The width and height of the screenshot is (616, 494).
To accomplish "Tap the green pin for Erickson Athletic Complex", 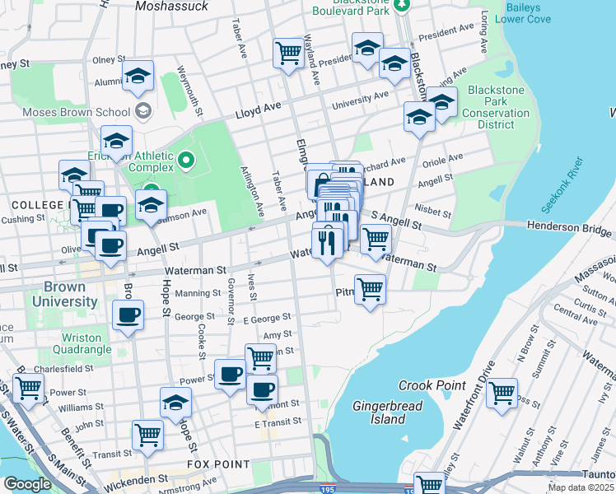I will pos(187,159).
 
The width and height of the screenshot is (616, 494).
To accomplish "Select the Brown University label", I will pos(65,295).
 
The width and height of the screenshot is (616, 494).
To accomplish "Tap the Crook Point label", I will pos(433,385).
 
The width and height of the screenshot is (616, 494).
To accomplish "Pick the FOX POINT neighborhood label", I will pos(218,464).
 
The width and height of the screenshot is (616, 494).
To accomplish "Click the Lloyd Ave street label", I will pos(259,109).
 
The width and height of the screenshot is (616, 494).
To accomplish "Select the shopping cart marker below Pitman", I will pos(371,290).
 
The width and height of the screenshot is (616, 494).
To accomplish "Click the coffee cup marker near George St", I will pos(127,315).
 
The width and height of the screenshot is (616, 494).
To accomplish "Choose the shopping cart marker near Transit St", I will pos(147,434).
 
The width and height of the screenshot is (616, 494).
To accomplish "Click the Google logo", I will pos(27,484).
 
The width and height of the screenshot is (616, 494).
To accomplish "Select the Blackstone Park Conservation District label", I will pos(498,107).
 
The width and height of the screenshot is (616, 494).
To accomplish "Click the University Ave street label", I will pos(360,101).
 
